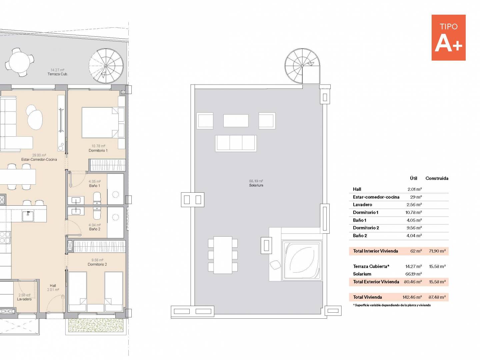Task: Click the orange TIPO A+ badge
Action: tap(448, 38)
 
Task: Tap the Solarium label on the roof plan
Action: tap(256, 185)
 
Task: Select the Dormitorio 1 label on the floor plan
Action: tap(98, 150)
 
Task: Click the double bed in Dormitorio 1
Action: tap(100, 123)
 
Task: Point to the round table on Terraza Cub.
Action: tap(20, 62)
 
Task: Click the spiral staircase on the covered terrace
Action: tap(106, 66)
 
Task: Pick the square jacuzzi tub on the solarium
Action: tap(302, 260)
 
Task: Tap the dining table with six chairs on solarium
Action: tap(223, 255)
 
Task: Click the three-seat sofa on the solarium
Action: tap(236, 143)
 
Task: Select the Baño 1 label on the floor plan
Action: tap(94, 186)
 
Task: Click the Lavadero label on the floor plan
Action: tap(24, 299)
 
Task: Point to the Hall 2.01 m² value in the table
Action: tap(415, 189)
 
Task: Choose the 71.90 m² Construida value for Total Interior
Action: tap(437, 251)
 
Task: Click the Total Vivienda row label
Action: tap(367, 297)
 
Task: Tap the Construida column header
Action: tap(437, 178)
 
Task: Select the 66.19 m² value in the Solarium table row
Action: tap(414, 274)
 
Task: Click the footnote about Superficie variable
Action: tap(392, 305)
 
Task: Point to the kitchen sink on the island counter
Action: tap(28, 216)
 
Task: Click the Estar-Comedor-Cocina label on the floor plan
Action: tap(39, 160)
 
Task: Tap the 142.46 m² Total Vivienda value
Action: tap(412, 297)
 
